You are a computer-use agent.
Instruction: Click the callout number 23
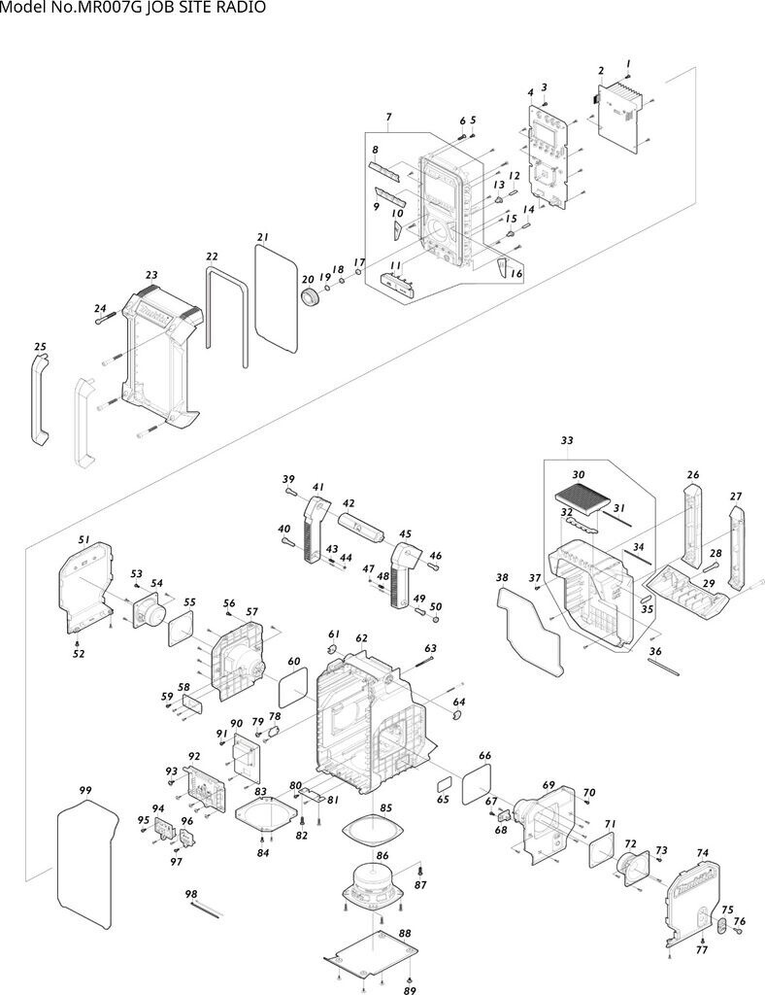click(x=151, y=275)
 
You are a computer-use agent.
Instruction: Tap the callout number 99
click(x=85, y=791)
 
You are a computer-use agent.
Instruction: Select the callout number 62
click(x=361, y=638)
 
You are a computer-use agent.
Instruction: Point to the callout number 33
click(x=567, y=440)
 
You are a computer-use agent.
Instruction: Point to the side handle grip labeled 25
click(x=38, y=398)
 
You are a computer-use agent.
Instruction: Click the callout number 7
click(x=388, y=119)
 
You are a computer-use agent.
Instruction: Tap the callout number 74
click(x=703, y=852)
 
